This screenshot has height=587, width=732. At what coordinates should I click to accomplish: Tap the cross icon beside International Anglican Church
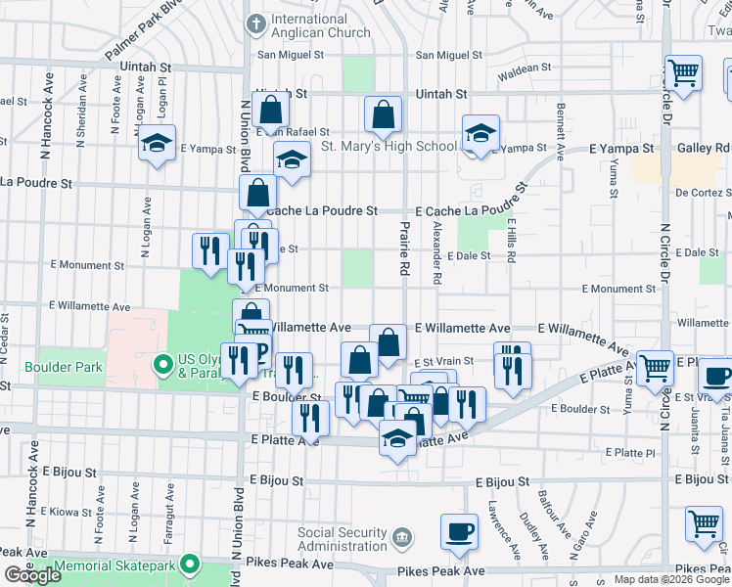255,22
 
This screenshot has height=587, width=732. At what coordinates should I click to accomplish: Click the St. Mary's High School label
389,147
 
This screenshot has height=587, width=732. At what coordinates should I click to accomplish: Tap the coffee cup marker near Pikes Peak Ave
459,531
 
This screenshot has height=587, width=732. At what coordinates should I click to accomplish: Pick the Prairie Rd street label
403,248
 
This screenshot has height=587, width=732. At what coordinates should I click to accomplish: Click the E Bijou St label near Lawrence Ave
502,482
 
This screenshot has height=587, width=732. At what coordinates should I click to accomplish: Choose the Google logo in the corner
32,575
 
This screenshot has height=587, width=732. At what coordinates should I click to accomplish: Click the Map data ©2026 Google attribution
670,579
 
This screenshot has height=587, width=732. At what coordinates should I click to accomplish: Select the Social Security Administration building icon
401,538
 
